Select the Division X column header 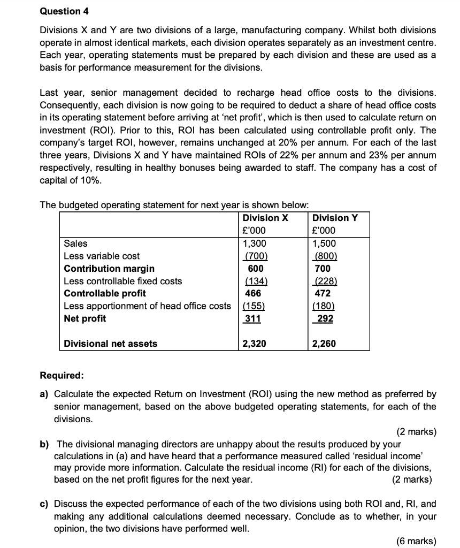click(x=265, y=218)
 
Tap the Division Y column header click(x=335, y=218)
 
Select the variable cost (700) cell click(x=255, y=256)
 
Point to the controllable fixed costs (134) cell click(x=255, y=281)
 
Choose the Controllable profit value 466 click(x=253, y=293)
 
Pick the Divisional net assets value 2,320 click(x=255, y=344)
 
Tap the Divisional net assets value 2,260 click(x=324, y=344)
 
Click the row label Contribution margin click(x=109, y=268)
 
